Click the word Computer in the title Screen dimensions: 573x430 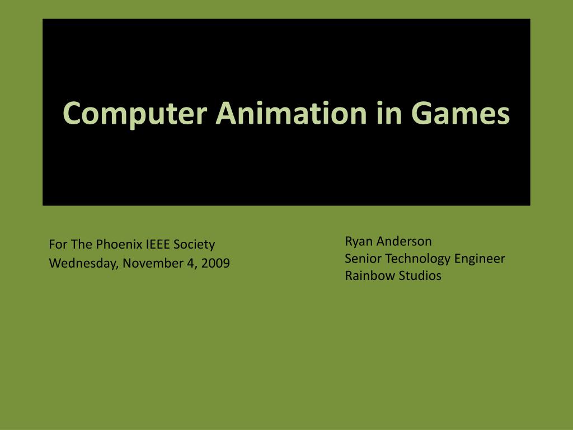pyautogui.click(x=135, y=114)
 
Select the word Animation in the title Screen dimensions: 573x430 pyautogui.click(x=291, y=113)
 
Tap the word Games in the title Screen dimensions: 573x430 pyautogui.click(x=461, y=113)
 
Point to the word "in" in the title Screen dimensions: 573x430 pyautogui.click(x=389, y=113)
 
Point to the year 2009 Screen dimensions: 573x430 pyautogui.click(x=215, y=263)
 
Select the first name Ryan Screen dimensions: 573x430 pyautogui.click(x=359, y=242)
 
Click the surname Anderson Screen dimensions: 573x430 pyautogui.click(x=404, y=241)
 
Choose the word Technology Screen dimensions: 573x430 pyautogui.click(x=418, y=259)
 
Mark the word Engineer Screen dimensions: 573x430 pyautogui.click(x=480, y=259)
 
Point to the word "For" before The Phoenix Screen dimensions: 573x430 pyautogui.click(x=58, y=244)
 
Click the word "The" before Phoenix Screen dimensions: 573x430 pyautogui.click(x=82, y=244)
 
